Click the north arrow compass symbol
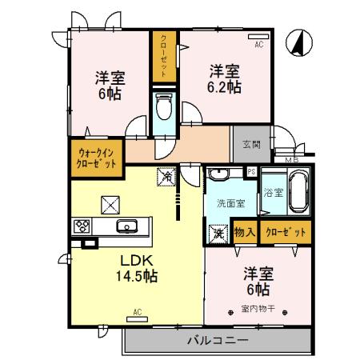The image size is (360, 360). (x=296, y=42)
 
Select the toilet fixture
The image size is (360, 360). (x=164, y=109)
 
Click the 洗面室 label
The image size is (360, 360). (x=230, y=203)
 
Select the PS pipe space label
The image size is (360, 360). (x=251, y=172)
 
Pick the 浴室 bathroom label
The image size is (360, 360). (x=271, y=193)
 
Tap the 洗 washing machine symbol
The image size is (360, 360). (x=218, y=234)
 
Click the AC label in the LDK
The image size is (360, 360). (x=137, y=311)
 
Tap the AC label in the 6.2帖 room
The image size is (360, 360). (x=258, y=46)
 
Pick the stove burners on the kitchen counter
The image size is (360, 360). (x=82, y=226)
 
